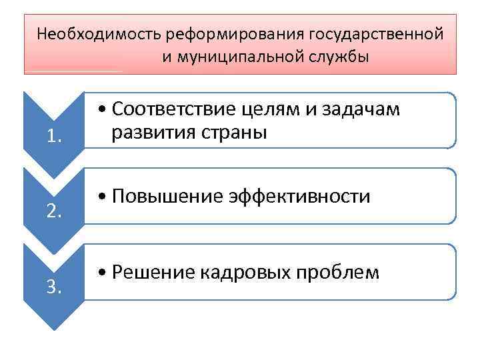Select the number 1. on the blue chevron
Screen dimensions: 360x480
coord(55,137)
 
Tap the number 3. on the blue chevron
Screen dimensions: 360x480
coord(55,288)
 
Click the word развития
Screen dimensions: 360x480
coord(146,132)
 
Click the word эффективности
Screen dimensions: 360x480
coord(299,197)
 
